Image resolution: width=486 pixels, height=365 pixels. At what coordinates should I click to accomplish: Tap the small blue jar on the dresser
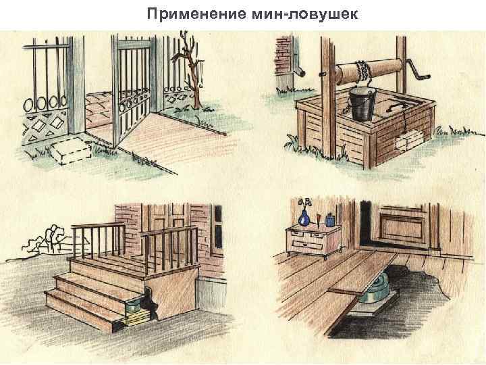(x=329, y=220)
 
